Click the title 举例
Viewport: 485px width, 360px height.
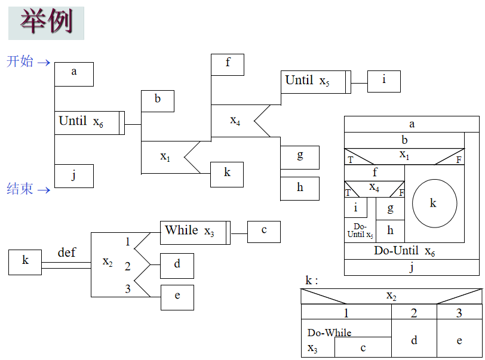pos(46,23)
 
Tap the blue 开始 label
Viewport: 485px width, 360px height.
pos(20,61)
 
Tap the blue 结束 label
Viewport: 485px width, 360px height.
pos(20,189)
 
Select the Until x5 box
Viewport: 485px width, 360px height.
pos(315,82)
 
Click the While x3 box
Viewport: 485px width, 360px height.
pos(195,232)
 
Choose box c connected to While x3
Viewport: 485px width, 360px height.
pos(263,232)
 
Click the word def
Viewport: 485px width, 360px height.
pos(66,253)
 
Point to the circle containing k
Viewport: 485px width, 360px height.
pos(434,203)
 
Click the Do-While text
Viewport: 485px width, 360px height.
pos(329,333)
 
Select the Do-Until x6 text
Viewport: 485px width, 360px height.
pos(404,251)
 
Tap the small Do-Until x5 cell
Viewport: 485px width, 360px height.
pos(360,230)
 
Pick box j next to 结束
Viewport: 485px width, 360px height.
pos(74,176)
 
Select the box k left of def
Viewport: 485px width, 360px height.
pos(25,262)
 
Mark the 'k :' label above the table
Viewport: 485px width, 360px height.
pos(311,281)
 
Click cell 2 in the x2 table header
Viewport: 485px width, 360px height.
pos(414,313)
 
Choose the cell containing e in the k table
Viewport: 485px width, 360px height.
pos(459,340)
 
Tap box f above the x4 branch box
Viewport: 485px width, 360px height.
pos(228,64)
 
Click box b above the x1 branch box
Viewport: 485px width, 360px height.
pos(158,101)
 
